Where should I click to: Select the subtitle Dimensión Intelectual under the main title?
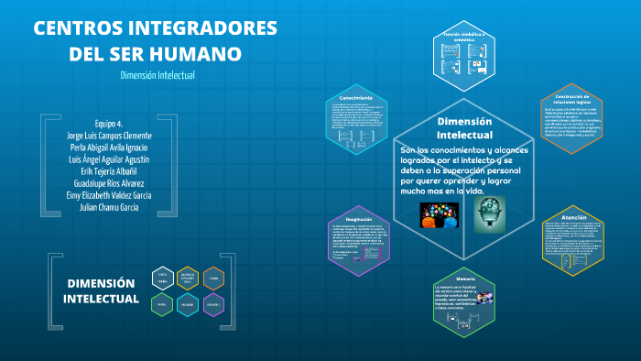pyautogui.click(x=158, y=75)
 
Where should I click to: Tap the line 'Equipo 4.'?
pyautogui.click(x=108, y=124)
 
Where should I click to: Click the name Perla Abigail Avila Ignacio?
pyautogui.click(x=108, y=148)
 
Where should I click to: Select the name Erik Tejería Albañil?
pyautogui.click(x=108, y=171)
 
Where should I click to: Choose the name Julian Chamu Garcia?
pyautogui.click(x=108, y=207)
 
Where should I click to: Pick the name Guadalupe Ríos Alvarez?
pyautogui.click(x=108, y=183)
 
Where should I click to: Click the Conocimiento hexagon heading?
pyautogui.click(x=355, y=97)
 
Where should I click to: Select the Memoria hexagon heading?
pyautogui.click(x=465, y=278)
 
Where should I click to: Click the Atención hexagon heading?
pyautogui.click(x=575, y=218)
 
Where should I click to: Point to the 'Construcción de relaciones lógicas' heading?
pyautogui.click(x=574, y=99)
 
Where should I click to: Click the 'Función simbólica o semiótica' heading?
pyautogui.click(x=464, y=38)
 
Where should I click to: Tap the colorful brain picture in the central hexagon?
pyautogui.click(x=438, y=214)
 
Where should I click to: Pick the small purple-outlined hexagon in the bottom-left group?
pyautogui.click(x=212, y=304)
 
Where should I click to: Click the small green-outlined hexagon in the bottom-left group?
pyautogui.click(x=162, y=304)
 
